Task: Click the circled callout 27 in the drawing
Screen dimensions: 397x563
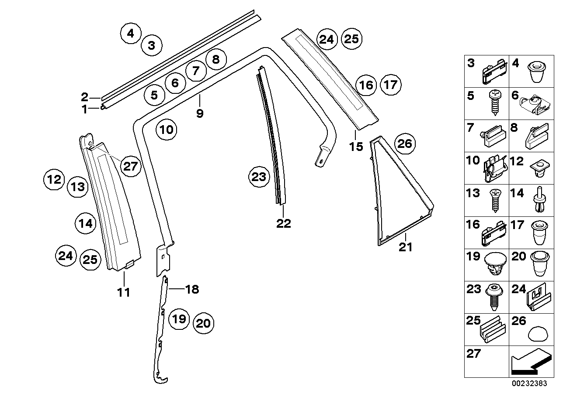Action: click(130, 166)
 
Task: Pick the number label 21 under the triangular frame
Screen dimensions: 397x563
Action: click(405, 247)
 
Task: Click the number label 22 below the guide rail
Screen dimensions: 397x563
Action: click(283, 223)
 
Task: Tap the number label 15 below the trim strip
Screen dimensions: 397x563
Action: click(356, 146)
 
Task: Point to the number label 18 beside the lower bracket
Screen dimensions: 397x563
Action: click(191, 289)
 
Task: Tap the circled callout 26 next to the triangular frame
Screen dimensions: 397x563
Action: click(405, 144)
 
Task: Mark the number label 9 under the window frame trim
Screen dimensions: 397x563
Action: click(200, 113)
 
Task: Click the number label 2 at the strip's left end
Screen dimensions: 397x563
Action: click(85, 97)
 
